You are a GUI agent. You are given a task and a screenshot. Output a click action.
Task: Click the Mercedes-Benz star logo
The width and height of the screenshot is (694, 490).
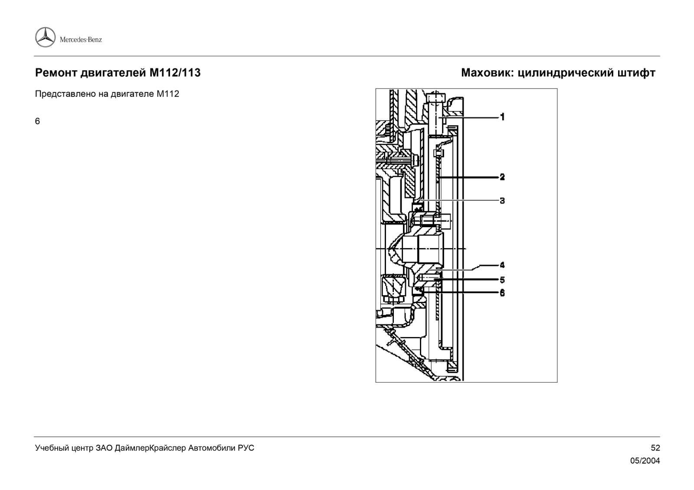[x=45, y=37]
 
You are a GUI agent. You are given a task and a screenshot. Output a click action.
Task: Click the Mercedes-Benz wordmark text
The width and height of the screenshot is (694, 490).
[x=81, y=39]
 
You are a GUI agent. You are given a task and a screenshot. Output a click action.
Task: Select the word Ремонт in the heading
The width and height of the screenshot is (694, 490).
[x=56, y=73]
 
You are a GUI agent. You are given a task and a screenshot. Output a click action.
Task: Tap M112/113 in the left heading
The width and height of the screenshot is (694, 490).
[x=175, y=73]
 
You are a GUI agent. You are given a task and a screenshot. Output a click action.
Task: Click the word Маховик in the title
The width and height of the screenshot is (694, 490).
[x=486, y=73]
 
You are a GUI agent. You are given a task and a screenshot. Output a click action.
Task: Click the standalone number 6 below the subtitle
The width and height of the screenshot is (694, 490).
[x=37, y=121]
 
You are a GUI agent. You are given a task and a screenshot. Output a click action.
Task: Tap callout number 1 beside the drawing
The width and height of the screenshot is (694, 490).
[x=502, y=117]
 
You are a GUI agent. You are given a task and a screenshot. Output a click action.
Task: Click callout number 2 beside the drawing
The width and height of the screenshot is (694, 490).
[x=502, y=177]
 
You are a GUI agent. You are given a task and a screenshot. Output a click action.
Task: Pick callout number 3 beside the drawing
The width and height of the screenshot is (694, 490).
[x=502, y=201]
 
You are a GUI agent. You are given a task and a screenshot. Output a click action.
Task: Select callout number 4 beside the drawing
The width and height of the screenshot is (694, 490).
[x=502, y=265]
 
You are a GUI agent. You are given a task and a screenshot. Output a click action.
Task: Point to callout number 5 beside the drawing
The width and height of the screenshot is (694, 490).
[x=502, y=280]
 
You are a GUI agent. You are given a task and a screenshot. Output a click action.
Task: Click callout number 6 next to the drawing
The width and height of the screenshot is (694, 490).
[x=502, y=293]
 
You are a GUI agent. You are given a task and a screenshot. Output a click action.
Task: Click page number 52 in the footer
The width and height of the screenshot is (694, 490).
[x=655, y=448]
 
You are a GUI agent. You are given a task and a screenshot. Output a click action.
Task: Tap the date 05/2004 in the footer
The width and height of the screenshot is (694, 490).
[x=645, y=461]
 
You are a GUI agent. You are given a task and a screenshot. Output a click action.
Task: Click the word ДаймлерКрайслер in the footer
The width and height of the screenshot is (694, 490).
[x=151, y=448]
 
